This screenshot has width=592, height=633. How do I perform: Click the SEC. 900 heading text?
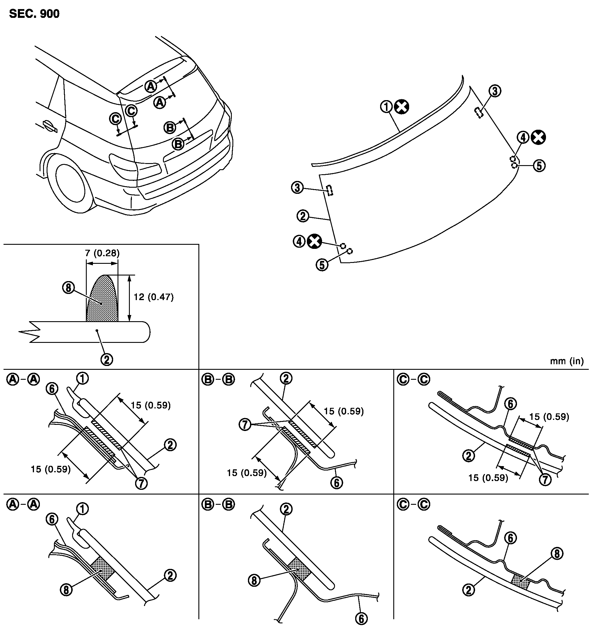click(34, 14)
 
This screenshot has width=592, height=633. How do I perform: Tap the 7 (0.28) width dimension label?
click(102, 253)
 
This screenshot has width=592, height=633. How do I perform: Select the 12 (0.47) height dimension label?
click(154, 297)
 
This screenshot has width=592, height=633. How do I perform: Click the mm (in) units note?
click(567, 361)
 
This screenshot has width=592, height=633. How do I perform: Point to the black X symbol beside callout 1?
click(402, 107)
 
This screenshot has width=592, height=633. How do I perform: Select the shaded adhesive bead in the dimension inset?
click(102, 298)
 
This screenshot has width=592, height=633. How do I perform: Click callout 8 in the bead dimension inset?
click(68, 288)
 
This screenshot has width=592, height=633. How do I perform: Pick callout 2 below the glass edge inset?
click(107, 360)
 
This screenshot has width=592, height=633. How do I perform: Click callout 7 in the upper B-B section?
click(245, 425)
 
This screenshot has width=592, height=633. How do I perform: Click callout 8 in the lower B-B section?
click(254, 581)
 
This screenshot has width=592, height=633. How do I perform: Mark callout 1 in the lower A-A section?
click(83, 509)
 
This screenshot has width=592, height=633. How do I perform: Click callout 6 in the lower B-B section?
click(361, 619)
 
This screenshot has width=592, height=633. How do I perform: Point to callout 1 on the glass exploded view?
click(386, 107)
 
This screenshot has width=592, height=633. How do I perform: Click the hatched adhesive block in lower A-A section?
click(102, 569)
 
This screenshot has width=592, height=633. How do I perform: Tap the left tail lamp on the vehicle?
click(135, 165)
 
